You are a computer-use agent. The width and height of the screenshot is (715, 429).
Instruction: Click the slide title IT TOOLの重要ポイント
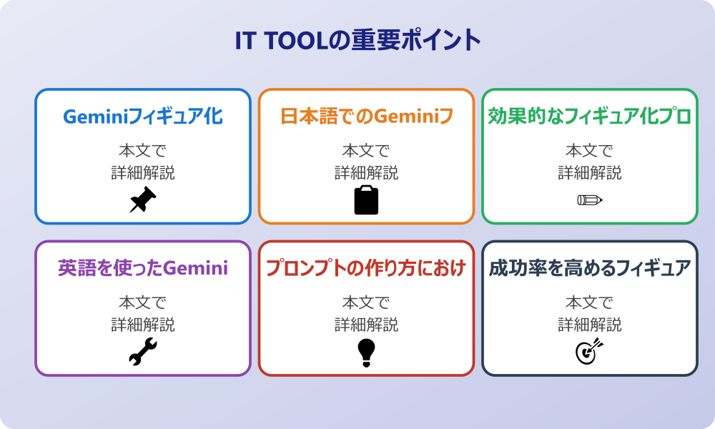coord(357,41)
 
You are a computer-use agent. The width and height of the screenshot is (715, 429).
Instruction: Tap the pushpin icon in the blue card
coord(143,199)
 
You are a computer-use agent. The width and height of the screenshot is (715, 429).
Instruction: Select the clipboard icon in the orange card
coord(366,200)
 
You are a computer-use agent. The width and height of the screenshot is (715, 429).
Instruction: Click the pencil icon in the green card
coord(589,199)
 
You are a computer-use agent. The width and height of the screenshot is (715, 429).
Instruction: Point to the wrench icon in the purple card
coord(143,352)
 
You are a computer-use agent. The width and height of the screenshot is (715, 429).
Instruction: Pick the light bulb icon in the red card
coord(366,352)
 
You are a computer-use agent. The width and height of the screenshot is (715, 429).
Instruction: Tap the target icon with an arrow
coord(589,351)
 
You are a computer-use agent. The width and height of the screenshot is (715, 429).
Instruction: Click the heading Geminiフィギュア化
coord(143,117)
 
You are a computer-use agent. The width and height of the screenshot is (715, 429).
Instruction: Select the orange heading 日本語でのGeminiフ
coord(366,117)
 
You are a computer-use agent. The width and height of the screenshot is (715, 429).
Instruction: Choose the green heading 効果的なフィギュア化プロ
coord(589,117)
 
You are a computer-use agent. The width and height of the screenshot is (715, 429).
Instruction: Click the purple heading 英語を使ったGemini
coord(143,268)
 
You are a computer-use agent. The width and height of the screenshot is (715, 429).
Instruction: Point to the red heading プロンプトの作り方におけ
coord(366,268)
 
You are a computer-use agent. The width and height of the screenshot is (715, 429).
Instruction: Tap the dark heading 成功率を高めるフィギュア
coord(589,268)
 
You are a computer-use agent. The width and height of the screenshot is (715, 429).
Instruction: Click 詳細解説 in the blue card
coord(143,172)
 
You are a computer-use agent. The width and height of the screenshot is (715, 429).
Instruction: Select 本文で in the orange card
coord(366,151)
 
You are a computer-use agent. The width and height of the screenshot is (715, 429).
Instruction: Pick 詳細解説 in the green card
coord(589,172)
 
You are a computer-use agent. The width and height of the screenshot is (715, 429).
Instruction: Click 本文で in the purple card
coord(143,302)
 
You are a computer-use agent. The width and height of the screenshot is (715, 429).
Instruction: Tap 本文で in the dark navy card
coord(589,302)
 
